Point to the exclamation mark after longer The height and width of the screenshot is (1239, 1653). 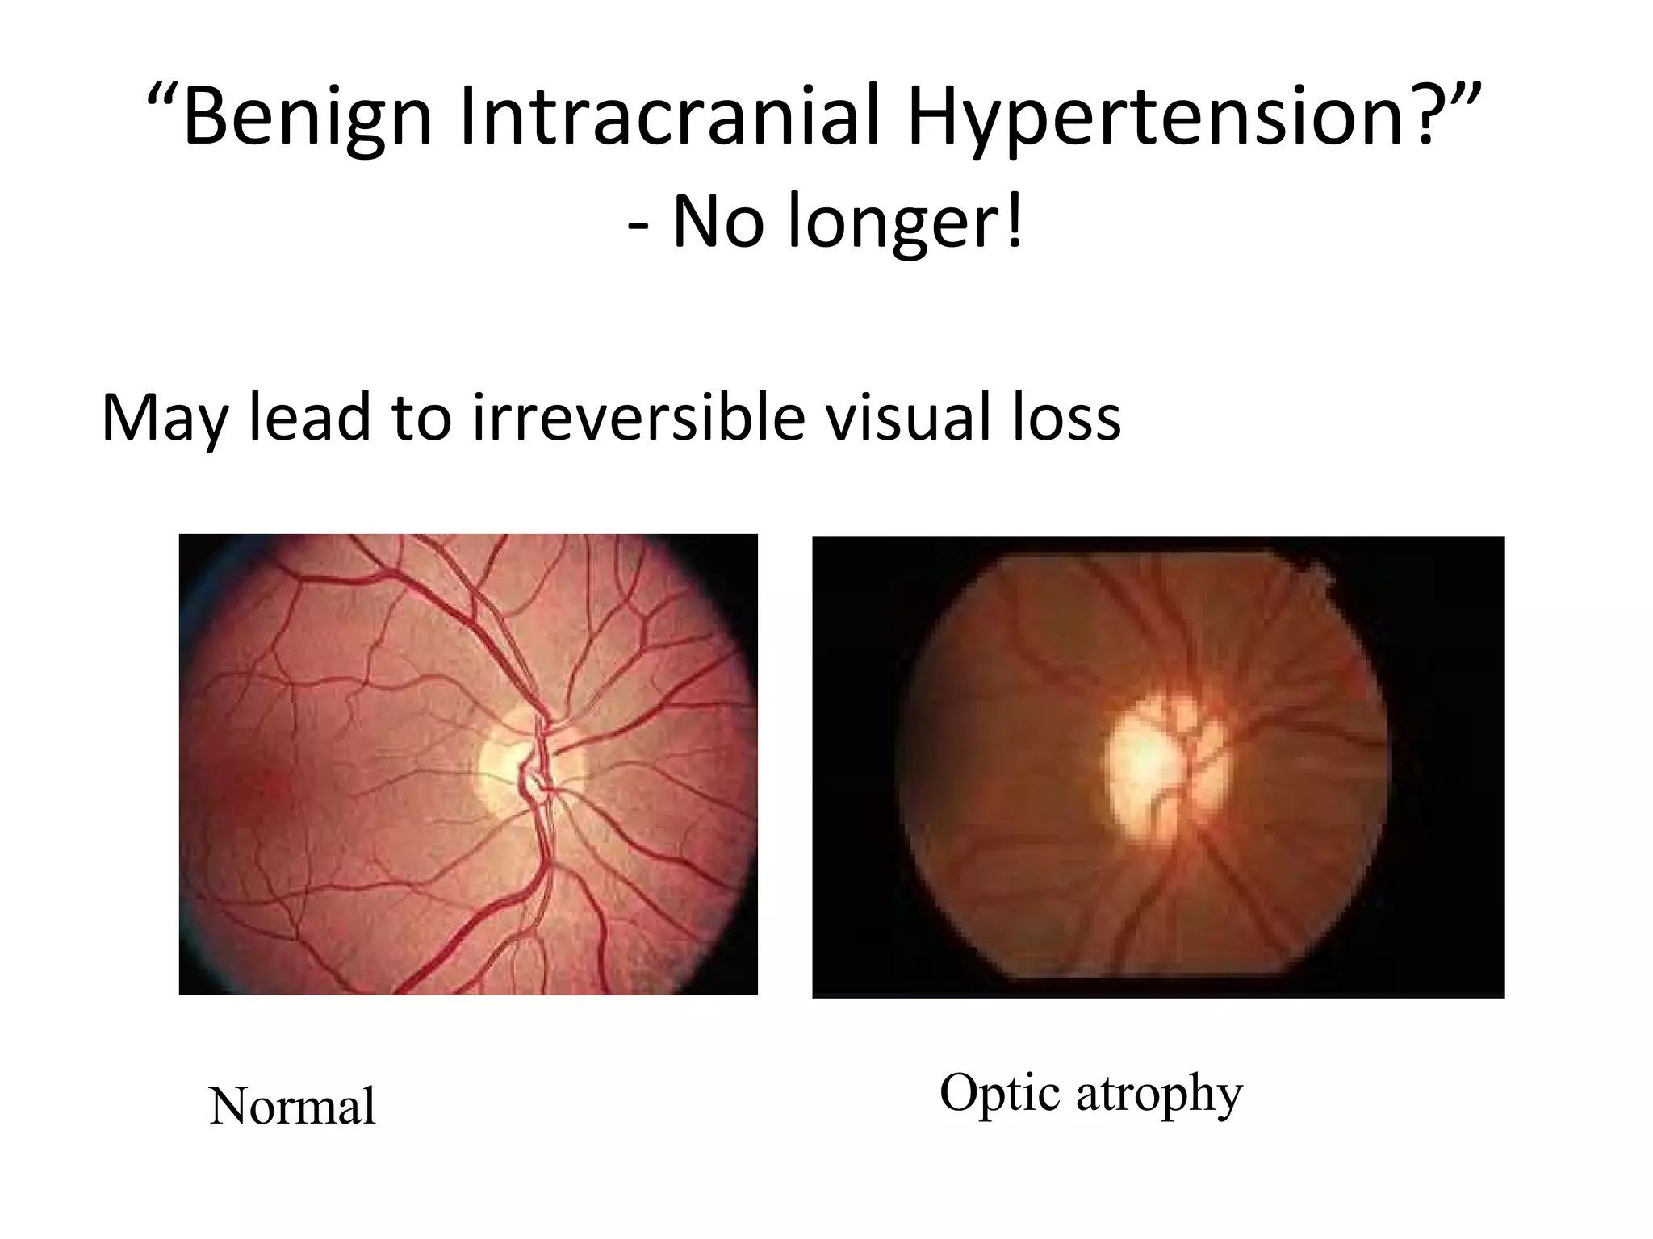pos(1015,220)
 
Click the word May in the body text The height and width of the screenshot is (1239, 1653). pos(165,419)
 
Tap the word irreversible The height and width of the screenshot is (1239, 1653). pos(638,417)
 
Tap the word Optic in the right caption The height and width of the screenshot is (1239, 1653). pos(1000,1093)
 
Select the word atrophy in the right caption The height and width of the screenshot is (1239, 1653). pos(1159,1095)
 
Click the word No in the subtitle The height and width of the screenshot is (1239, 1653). pos(717,222)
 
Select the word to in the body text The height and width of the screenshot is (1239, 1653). pos(421,419)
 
